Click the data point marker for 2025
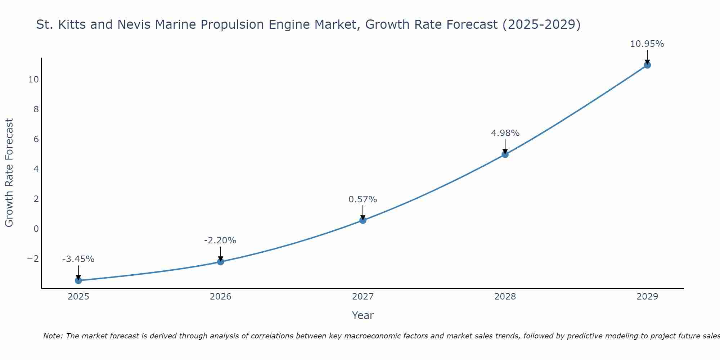(78, 280)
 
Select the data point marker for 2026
(221, 262)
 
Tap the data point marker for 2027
(363, 220)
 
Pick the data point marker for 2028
(505, 154)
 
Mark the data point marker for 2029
(647, 65)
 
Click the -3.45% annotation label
(78, 259)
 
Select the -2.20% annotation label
(220, 240)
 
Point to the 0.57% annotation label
(363, 199)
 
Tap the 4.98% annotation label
(505, 133)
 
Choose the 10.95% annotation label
(647, 44)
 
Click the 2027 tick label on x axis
(363, 297)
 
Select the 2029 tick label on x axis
(647, 297)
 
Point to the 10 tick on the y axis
(33, 80)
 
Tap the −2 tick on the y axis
(33, 259)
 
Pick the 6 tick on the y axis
(36, 139)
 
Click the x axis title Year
(363, 315)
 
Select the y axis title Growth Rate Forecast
(9, 173)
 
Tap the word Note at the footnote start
(53, 336)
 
